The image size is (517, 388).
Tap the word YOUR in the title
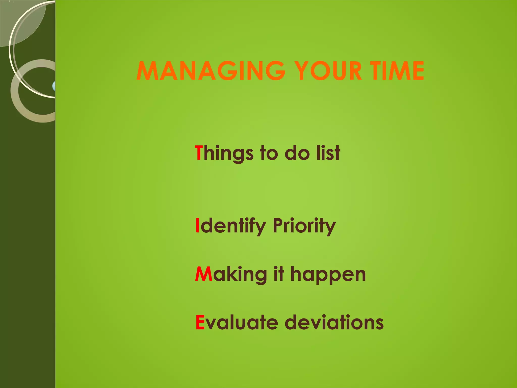pyautogui.click(x=329, y=71)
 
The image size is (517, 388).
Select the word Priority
pyautogui.click(x=304, y=226)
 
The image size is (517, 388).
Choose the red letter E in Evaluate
pyautogui.click(x=200, y=322)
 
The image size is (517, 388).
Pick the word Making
pyautogui.click(x=231, y=275)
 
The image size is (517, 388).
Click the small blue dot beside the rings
pyautogui.click(x=54, y=86)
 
